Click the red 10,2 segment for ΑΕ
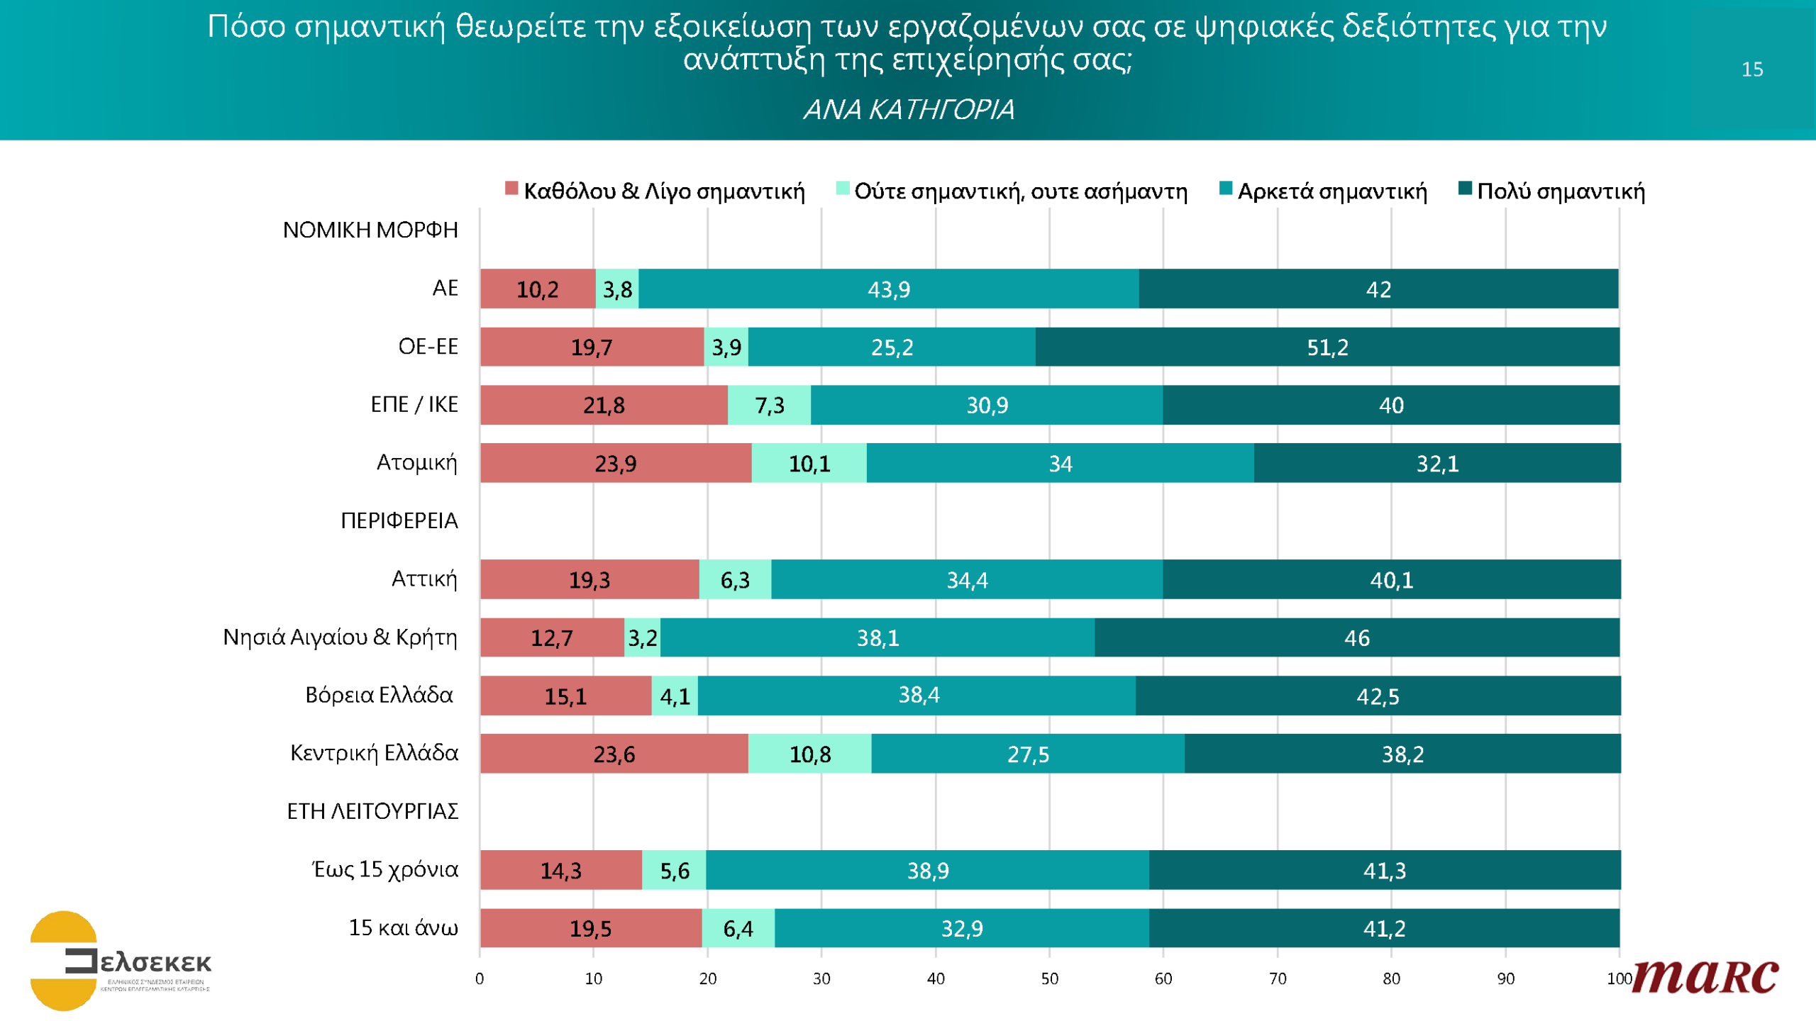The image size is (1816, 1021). pyautogui.click(x=537, y=289)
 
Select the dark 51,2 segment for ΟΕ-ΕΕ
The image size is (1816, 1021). pyautogui.click(x=1327, y=347)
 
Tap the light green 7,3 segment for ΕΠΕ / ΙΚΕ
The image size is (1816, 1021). pyautogui.click(x=769, y=405)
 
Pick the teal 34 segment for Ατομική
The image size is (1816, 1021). pyautogui.click(x=1060, y=463)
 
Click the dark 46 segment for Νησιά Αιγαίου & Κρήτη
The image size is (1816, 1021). pyautogui.click(x=1356, y=637)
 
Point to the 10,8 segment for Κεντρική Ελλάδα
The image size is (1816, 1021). pyautogui.click(x=809, y=754)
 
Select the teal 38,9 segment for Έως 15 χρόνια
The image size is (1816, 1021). pyautogui.click(x=927, y=870)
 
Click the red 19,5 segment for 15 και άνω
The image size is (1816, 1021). pyautogui.click(x=590, y=928)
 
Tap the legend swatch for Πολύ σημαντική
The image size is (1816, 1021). pyautogui.click(x=1465, y=189)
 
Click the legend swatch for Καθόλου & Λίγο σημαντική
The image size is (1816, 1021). pyautogui.click(x=511, y=189)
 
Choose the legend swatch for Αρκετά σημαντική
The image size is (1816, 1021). pyautogui.click(x=1225, y=189)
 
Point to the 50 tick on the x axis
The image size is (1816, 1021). pyautogui.click(x=1049, y=979)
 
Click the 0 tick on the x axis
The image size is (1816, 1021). pyautogui.click(x=480, y=979)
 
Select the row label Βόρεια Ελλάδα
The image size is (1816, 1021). pyautogui.click(x=379, y=695)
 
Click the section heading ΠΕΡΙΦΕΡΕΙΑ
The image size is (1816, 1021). pyautogui.click(x=399, y=520)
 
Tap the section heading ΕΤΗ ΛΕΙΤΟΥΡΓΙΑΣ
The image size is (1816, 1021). pyautogui.click(x=372, y=811)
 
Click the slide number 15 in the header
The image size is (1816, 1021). pyautogui.click(x=1752, y=69)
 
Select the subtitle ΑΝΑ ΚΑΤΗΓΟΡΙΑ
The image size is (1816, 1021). pyautogui.click(x=908, y=109)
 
